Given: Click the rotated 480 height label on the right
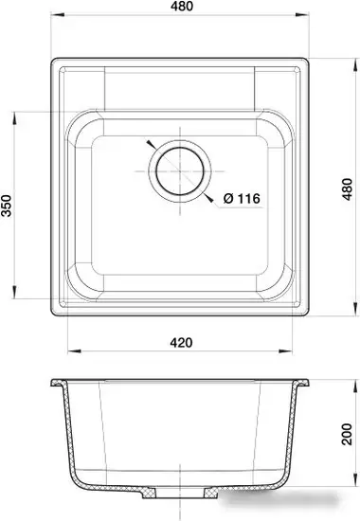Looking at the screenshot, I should coord(350,194).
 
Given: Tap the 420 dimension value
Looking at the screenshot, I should coord(181,341).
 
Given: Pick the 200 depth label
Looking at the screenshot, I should coord(351,437).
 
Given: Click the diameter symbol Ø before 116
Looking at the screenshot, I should coord(228,198).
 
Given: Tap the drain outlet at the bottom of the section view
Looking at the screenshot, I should coord(180,494).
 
